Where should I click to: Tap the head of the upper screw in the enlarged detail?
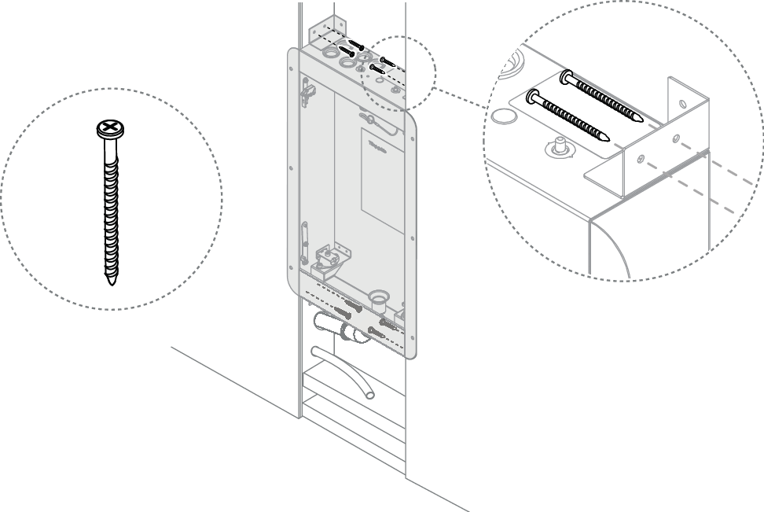tap(567, 77)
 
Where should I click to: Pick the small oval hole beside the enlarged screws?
tap(504, 116)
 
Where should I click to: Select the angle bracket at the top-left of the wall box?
tap(328, 31)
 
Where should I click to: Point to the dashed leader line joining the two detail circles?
tap(459, 98)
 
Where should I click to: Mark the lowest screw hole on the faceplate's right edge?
tap(409, 330)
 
